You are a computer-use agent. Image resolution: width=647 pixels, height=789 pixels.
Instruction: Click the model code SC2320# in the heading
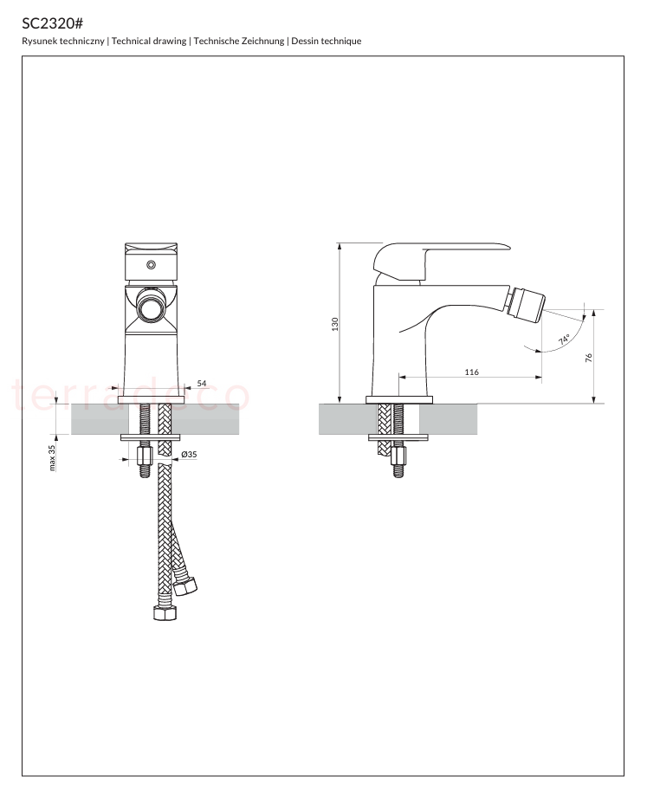(52, 23)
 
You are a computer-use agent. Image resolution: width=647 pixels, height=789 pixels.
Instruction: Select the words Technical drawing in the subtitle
(149, 42)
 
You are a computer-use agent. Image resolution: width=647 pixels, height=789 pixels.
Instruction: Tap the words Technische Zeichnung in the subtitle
(239, 42)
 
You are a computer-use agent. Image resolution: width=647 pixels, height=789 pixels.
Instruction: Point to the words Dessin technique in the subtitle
(326, 42)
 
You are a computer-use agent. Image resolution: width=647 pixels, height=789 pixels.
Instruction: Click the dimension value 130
(335, 324)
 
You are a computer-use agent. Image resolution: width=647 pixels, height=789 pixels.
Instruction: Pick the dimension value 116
(471, 372)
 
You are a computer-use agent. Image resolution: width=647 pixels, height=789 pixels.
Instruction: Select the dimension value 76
(589, 358)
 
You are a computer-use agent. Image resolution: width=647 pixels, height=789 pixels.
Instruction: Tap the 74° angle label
(564, 340)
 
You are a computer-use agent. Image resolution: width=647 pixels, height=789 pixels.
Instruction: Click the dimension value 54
(202, 384)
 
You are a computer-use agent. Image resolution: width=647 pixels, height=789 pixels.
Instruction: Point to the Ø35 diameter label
(189, 455)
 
